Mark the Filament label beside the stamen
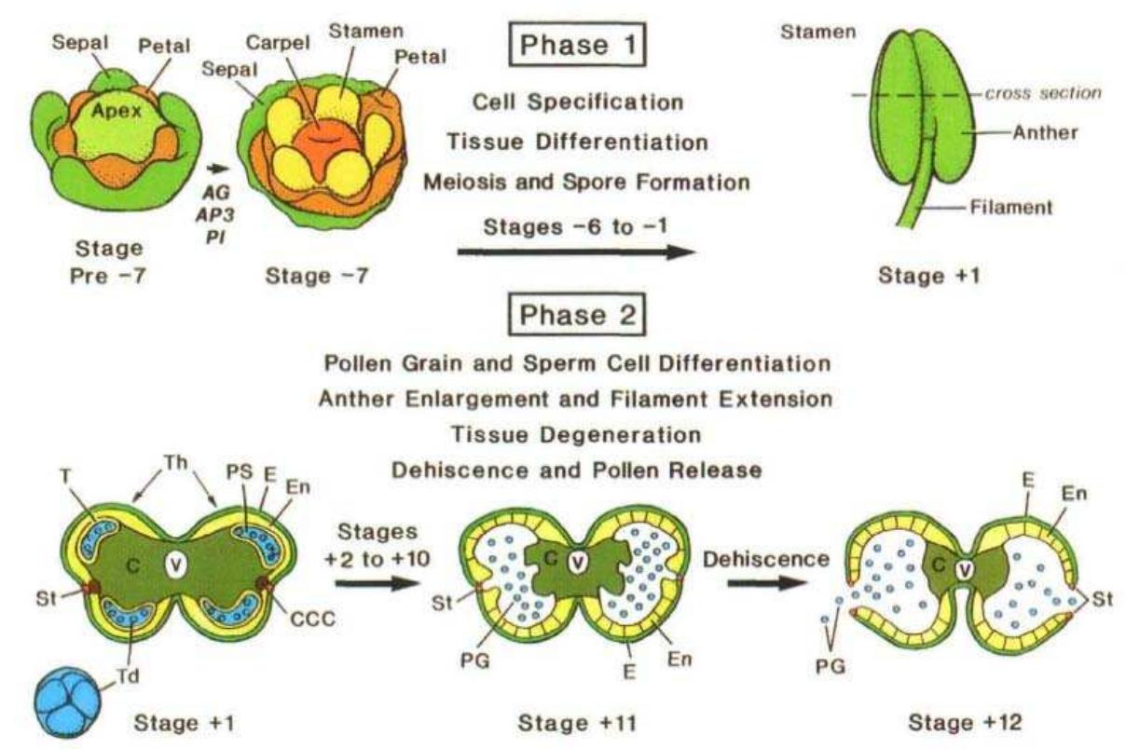click(1013, 208)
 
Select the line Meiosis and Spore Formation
click(587, 183)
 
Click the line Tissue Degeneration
click(575, 436)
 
